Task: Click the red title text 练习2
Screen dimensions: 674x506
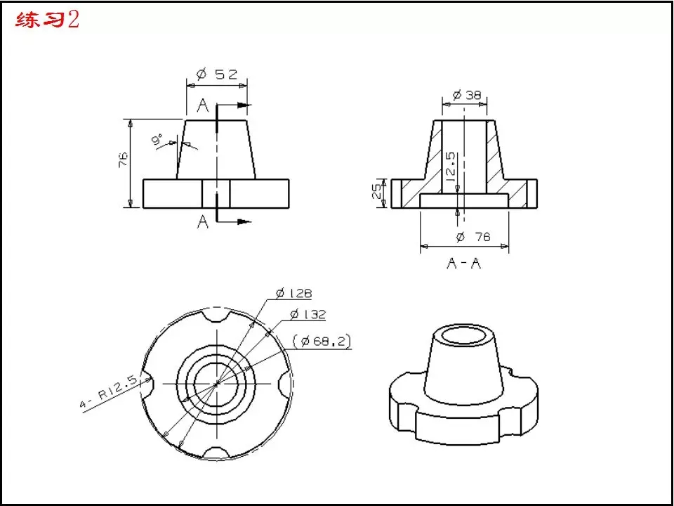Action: (x=47, y=20)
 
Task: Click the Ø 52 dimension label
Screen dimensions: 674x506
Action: (x=217, y=74)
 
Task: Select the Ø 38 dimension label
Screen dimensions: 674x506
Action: (x=467, y=95)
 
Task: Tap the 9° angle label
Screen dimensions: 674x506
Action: (x=157, y=140)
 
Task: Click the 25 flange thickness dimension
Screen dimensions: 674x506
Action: (x=376, y=193)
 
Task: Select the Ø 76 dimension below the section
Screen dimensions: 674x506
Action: (x=473, y=237)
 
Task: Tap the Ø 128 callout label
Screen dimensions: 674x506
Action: (x=294, y=294)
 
